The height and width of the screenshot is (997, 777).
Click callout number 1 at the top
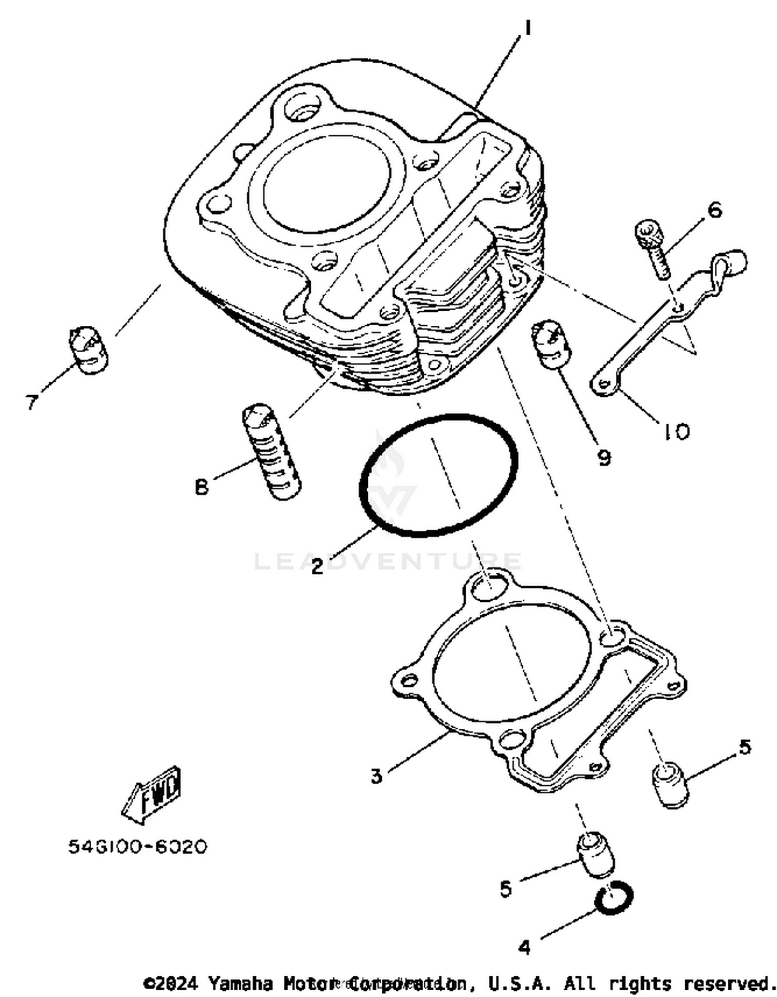click(527, 28)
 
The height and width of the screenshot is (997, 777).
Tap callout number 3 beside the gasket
click(376, 776)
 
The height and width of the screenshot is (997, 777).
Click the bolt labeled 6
click(652, 249)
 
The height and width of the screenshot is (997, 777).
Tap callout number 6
click(714, 210)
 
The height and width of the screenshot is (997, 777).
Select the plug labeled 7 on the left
click(89, 349)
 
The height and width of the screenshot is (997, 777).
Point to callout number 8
click(202, 487)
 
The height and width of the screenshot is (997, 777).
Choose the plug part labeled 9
click(551, 343)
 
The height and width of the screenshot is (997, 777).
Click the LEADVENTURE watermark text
click(388, 561)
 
